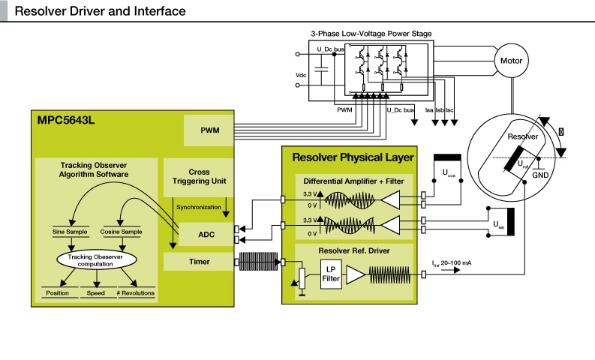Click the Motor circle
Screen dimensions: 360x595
click(x=512, y=60)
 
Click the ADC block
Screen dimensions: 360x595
click(x=206, y=234)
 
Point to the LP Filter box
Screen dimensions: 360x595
click(x=330, y=274)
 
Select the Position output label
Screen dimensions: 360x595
click(x=59, y=293)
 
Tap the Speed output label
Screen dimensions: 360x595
click(x=96, y=293)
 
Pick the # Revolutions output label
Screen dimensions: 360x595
click(x=135, y=293)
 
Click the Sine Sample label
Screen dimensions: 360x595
click(x=71, y=232)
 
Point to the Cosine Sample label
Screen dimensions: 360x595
click(x=121, y=232)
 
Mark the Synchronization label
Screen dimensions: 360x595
click(x=199, y=207)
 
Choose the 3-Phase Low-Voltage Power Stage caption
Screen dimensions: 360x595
click(x=371, y=33)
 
